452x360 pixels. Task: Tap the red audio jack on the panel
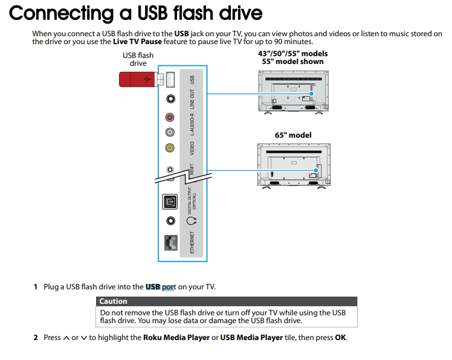click(x=170, y=117)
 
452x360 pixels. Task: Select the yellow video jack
click(x=170, y=147)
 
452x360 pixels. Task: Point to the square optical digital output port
click(x=170, y=202)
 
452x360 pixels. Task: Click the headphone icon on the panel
click(x=192, y=222)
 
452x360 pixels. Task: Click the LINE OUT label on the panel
click(x=192, y=99)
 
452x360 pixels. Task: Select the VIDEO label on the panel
click(x=192, y=147)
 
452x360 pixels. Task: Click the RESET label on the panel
click(x=192, y=170)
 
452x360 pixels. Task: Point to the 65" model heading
click(x=293, y=135)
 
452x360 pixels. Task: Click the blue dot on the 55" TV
click(x=312, y=94)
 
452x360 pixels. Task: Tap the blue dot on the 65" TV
click(x=315, y=170)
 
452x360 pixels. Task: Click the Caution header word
click(x=114, y=301)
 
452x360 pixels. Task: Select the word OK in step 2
click(x=340, y=338)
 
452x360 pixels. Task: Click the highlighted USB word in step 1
click(x=153, y=286)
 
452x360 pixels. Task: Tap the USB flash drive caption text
click(x=138, y=59)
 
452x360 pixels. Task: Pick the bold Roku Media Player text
click(x=176, y=338)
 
